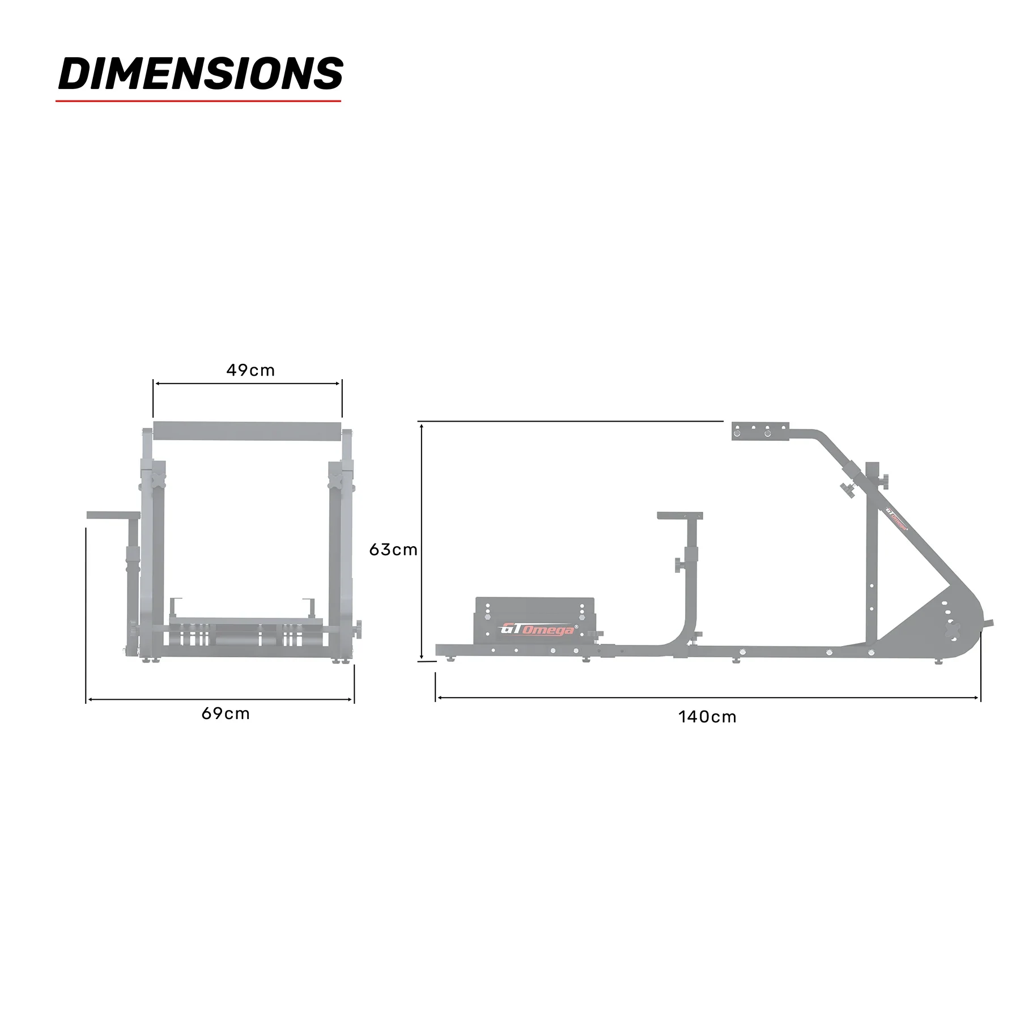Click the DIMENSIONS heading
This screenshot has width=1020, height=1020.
click(201, 74)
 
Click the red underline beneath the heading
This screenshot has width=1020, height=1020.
click(198, 101)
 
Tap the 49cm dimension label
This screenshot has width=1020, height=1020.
click(250, 371)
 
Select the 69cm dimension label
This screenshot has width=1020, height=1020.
click(226, 713)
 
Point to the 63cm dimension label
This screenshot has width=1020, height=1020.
click(393, 550)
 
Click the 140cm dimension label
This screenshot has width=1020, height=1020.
click(707, 717)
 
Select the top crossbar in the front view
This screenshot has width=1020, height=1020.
click(248, 431)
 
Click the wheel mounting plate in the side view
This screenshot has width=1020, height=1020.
click(760, 431)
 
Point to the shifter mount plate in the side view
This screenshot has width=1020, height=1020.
click(679, 516)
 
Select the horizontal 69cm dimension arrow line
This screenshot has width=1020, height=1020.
click(220, 699)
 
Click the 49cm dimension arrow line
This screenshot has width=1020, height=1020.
click(248, 384)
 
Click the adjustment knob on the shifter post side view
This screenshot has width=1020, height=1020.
click(679, 565)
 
